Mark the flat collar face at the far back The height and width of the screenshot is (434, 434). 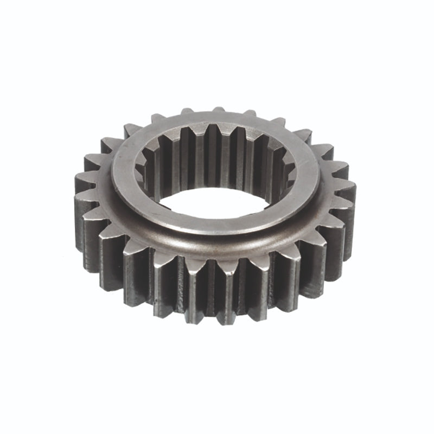pyautogui.click(x=217, y=118)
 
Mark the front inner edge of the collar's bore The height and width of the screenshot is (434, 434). pyautogui.click(x=217, y=215)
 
